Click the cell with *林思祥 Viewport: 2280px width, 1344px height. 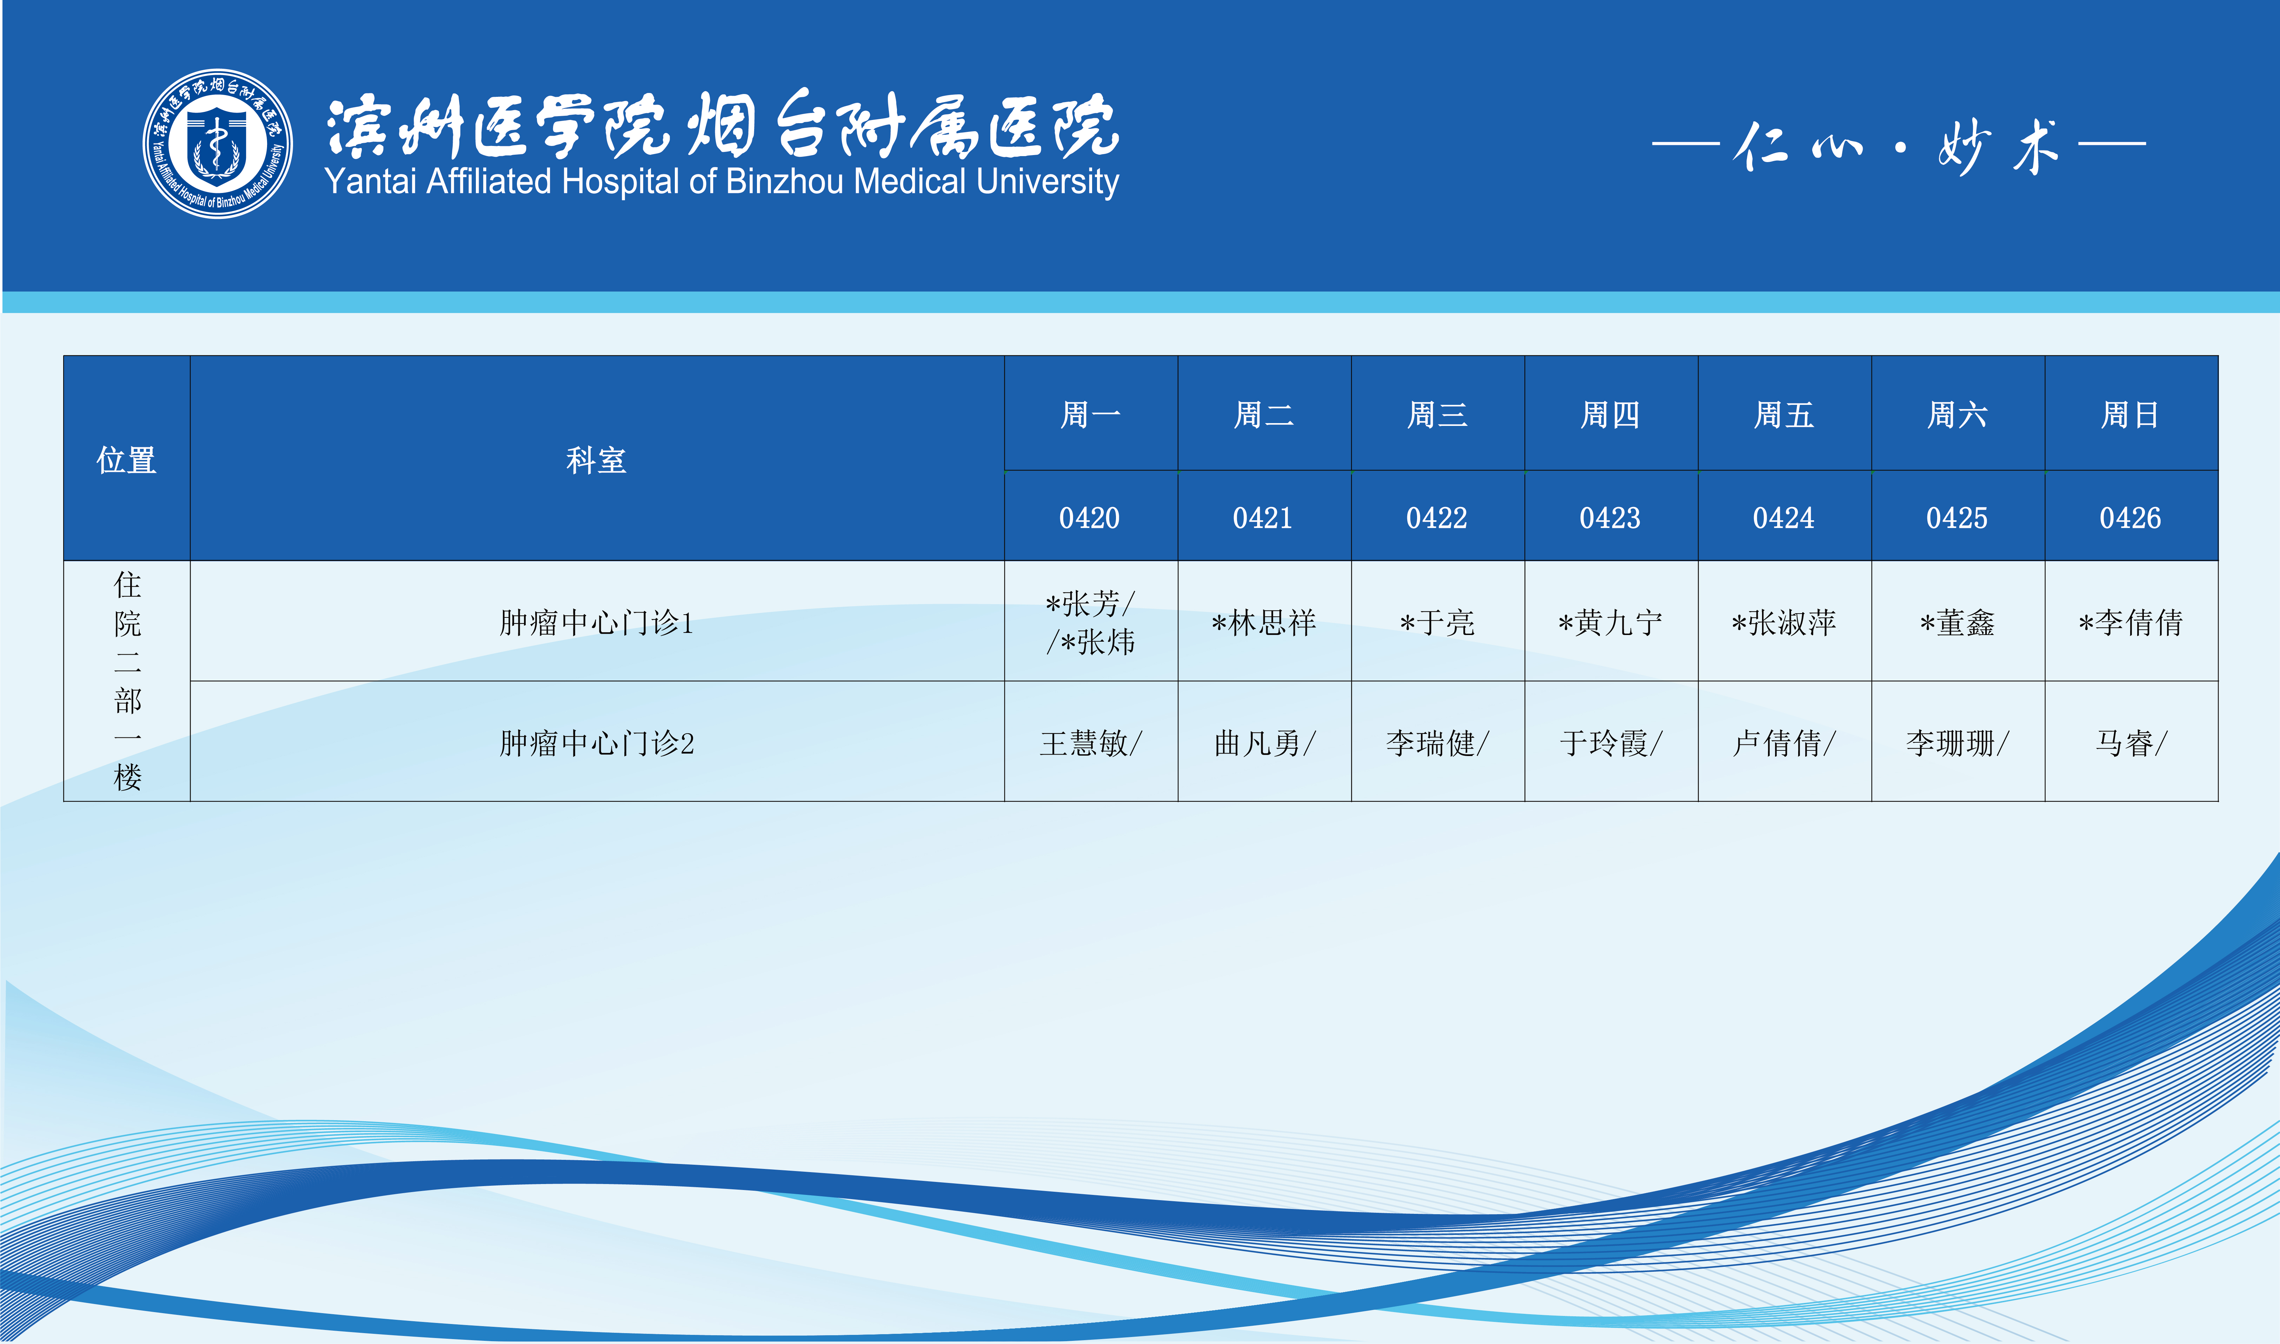click(x=1264, y=622)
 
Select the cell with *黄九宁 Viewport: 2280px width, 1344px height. click(x=1610, y=622)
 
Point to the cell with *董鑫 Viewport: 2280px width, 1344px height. click(x=1957, y=622)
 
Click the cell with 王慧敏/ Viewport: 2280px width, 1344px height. click(x=1091, y=743)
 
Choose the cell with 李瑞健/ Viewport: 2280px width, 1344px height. click(x=1437, y=743)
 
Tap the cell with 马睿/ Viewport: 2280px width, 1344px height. click(x=2131, y=743)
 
